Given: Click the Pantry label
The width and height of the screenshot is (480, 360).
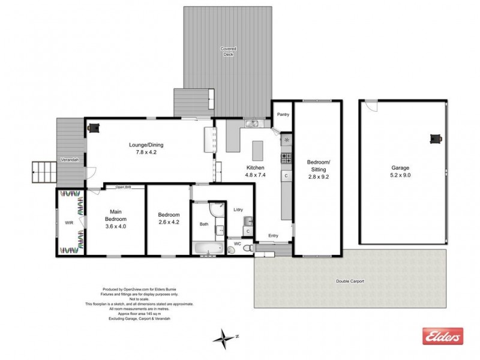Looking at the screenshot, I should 282,114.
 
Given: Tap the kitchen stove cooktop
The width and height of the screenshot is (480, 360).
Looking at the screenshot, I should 286,159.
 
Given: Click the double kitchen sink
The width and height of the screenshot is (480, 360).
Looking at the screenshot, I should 251,124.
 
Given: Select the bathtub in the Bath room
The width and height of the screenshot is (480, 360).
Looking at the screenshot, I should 206,248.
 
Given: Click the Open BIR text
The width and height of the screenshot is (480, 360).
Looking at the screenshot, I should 124,187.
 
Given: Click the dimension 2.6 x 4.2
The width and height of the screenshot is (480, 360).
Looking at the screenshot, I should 169,222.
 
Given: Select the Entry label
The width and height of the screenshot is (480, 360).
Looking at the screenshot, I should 274,235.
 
